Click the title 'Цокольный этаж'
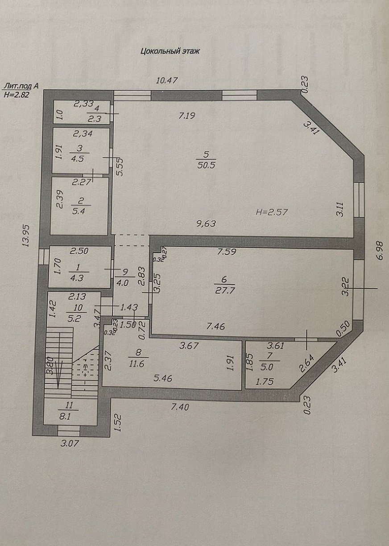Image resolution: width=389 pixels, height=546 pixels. (x=170, y=51)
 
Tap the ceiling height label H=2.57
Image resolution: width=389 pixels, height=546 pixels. (x=272, y=212)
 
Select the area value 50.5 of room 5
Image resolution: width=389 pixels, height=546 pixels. (x=206, y=165)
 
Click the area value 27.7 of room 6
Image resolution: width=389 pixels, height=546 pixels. (x=224, y=291)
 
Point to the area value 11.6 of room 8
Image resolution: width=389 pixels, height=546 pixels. (x=137, y=364)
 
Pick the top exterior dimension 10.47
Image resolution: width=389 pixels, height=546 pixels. (x=167, y=80)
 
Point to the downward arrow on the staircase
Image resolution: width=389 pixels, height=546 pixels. (x=58, y=374)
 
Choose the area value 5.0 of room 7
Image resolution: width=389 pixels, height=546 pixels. (x=267, y=367)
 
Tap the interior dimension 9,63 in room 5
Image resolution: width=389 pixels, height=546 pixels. (x=206, y=223)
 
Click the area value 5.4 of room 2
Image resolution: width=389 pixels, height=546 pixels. (x=79, y=211)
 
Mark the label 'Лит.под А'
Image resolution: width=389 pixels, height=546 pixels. (x=21, y=87)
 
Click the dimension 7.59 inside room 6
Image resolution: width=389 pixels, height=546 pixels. (x=227, y=251)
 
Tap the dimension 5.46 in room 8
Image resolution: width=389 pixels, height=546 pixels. (x=163, y=378)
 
